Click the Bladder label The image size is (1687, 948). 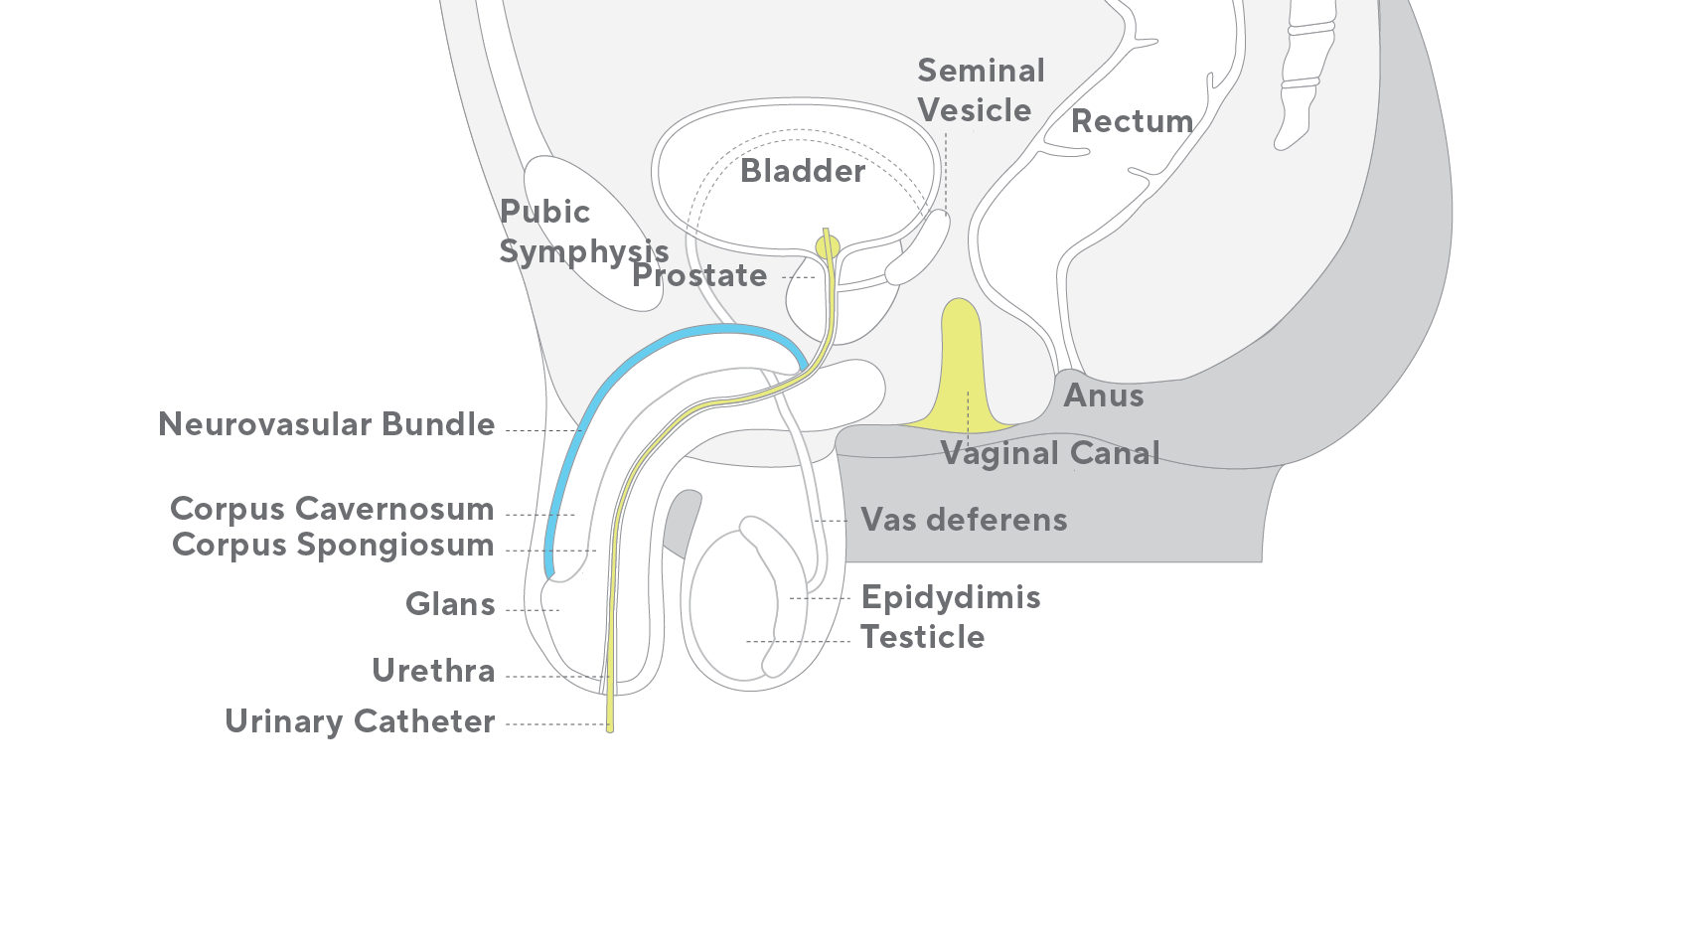[802, 171]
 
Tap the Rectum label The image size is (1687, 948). [1132, 121]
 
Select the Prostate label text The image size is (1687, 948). [698, 275]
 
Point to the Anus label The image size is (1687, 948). [1104, 395]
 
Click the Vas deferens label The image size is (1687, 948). [964, 520]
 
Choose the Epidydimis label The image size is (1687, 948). [951, 598]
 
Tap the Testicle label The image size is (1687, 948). [923, 637]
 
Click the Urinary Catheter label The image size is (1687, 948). [360, 721]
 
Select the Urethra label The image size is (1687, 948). [433, 671]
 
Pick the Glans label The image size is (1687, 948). [450, 604]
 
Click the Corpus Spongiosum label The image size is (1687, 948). [333, 546]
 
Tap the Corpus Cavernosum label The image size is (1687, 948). [332, 509]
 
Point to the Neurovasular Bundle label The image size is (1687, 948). [326, 424]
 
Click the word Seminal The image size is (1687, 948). [981, 71]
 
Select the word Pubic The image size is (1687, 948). [544, 212]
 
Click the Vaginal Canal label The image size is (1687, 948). [1050, 453]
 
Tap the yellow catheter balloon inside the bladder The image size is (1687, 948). [828, 247]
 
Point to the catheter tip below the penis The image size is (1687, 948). [610, 728]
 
